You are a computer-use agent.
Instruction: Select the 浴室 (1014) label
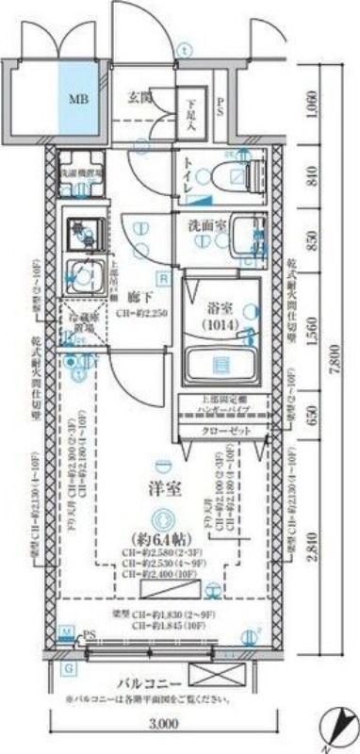(x=219, y=316)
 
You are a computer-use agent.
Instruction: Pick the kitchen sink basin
(x=79, y=275)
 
